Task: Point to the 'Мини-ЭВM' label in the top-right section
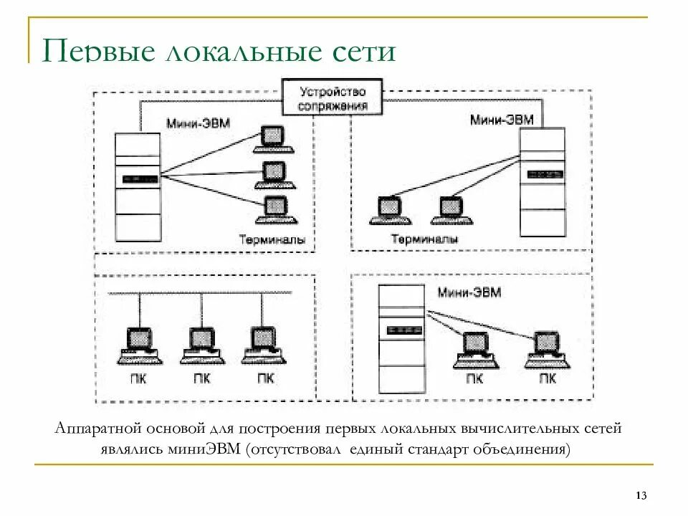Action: pyautogui.click(x=502, y=120)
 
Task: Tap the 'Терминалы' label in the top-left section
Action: pyautogui.click(x=272, y=240)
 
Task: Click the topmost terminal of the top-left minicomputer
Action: pyautogui.click(x=273, y=140)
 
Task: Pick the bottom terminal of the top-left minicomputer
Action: pyautogui.click(x=273, y=207)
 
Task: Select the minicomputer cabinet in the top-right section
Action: pyautogui.click(x=541, y=183)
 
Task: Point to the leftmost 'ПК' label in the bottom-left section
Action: pyautogui.click(x=139, y=379)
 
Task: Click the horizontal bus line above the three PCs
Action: pyautogui.click(x=201, y=292)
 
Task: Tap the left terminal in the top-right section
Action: pyautogui.click(x=388, y=210)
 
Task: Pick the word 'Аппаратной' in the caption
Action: pyautogui.click(x=95, y=429)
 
